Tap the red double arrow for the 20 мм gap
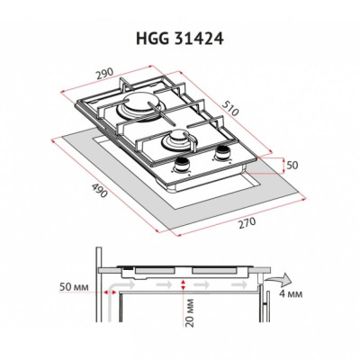(183, 285)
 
